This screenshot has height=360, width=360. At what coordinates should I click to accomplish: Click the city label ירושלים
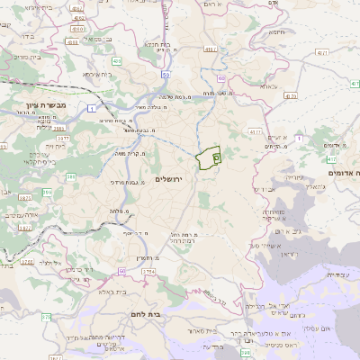click(x=168, y=180)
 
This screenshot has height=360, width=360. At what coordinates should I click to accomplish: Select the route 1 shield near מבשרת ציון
click(x=94, y=108)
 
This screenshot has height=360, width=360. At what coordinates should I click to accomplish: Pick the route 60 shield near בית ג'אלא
click(x=121, y=269)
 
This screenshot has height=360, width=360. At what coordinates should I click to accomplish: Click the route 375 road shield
click(x=46, y=316)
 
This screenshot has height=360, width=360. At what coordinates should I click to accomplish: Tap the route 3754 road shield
click(x=148, y=270)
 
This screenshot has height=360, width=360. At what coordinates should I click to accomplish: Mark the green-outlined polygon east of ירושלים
click(x=209, y=157)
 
